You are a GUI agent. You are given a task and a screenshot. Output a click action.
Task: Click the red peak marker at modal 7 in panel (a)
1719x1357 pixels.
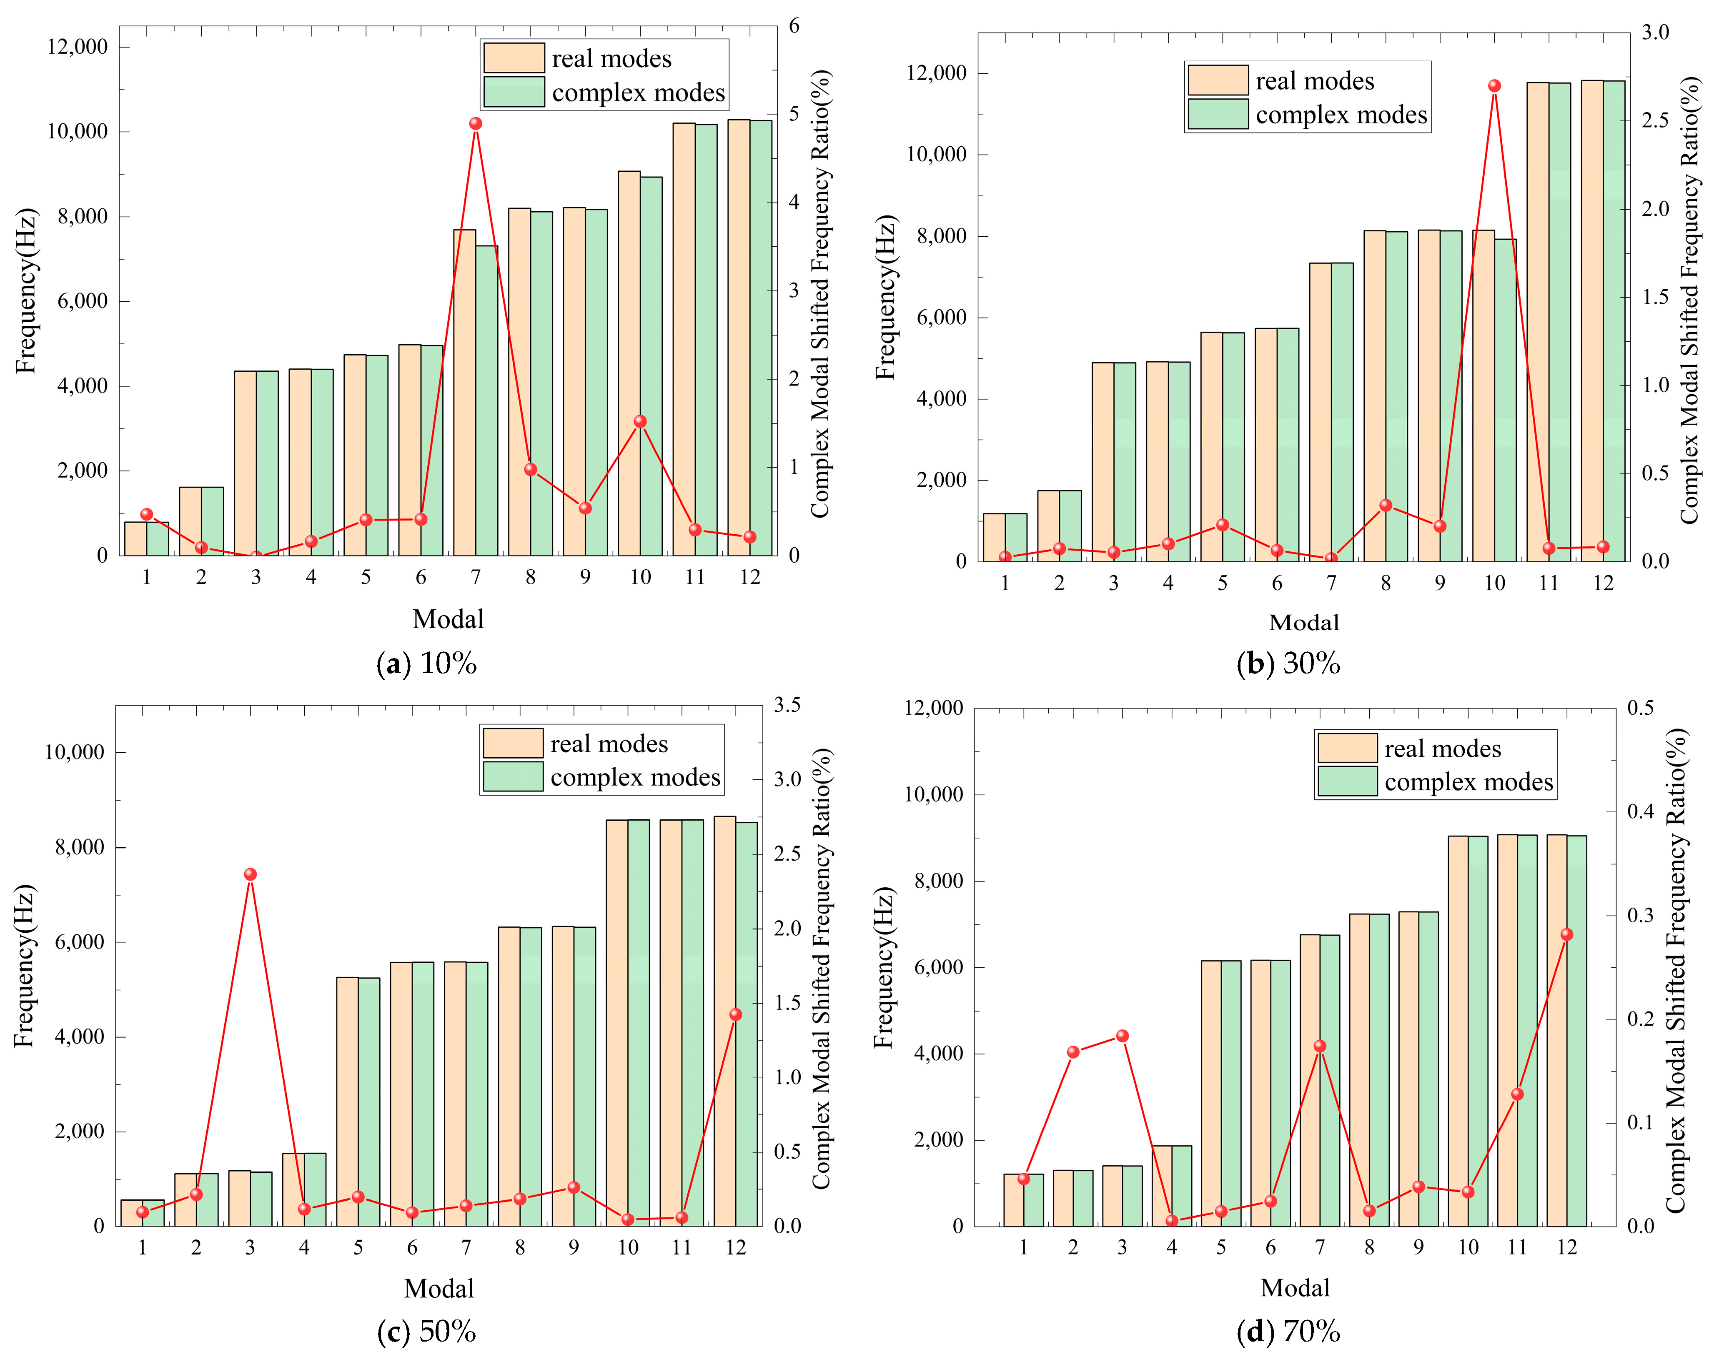coord(475,123)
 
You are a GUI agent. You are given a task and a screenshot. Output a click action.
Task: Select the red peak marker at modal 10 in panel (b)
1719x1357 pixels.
coord(1494,86)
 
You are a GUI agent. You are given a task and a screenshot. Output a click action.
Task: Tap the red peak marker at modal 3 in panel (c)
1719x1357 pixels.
coord(251,874)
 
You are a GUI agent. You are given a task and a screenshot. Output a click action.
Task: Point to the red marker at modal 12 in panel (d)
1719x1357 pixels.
coord(1566,934)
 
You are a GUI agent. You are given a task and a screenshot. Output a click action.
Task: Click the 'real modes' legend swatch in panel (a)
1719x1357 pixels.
coord(514,58)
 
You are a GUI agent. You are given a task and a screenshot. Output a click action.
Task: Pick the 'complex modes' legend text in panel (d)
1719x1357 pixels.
coord(1468,783)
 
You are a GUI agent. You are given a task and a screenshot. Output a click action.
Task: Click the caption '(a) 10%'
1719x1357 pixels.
coord(427,663)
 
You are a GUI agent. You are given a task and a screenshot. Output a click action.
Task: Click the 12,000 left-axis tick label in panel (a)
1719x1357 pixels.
coord(77,46)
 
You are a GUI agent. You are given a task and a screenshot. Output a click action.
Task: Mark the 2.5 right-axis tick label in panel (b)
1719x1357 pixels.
coord(1655,120)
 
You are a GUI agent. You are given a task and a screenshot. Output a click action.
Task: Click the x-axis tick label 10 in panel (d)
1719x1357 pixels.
coord(1468,1247)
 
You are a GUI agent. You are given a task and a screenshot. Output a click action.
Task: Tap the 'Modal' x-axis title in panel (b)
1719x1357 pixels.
coord(1303,622)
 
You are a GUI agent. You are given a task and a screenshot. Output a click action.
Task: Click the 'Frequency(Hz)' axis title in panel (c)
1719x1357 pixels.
coord(24,965)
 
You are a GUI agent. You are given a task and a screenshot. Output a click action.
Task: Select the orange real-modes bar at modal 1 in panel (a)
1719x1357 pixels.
coord(136,538)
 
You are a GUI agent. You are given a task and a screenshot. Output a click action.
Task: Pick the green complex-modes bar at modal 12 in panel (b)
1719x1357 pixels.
coord(1613,318)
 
